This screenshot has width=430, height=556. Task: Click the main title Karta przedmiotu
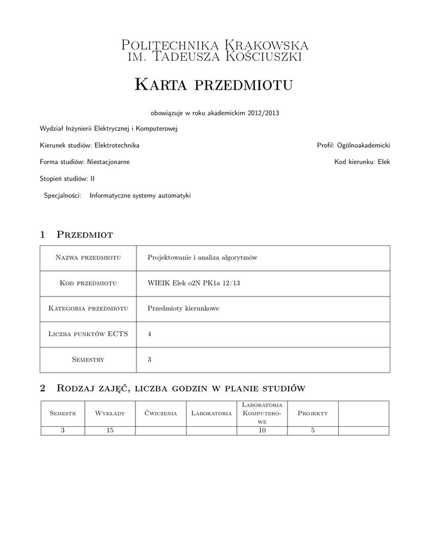coord(213,85)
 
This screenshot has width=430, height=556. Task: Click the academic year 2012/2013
coord(264,113)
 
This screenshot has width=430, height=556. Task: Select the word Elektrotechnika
coord(117,146)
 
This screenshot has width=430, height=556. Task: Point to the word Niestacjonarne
coord(108,162)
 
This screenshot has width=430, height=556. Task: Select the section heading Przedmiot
coord(85,235)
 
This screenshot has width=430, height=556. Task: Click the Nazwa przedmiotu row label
coord(88,258)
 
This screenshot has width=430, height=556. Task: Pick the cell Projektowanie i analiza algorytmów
coord(202,258)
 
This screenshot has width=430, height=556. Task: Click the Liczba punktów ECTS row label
coord(88,334)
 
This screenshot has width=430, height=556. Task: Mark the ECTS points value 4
coord(149,334)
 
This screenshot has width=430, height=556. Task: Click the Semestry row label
coord(88,359)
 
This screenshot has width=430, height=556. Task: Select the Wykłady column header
coord(110,414)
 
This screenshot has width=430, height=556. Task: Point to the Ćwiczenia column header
coord(161,414)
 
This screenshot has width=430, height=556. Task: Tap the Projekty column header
coord(313,414)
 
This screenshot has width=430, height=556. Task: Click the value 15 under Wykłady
coord(110,431)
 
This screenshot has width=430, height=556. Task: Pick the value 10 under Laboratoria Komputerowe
coord(262,431)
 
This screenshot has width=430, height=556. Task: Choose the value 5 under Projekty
coord(313,431)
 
